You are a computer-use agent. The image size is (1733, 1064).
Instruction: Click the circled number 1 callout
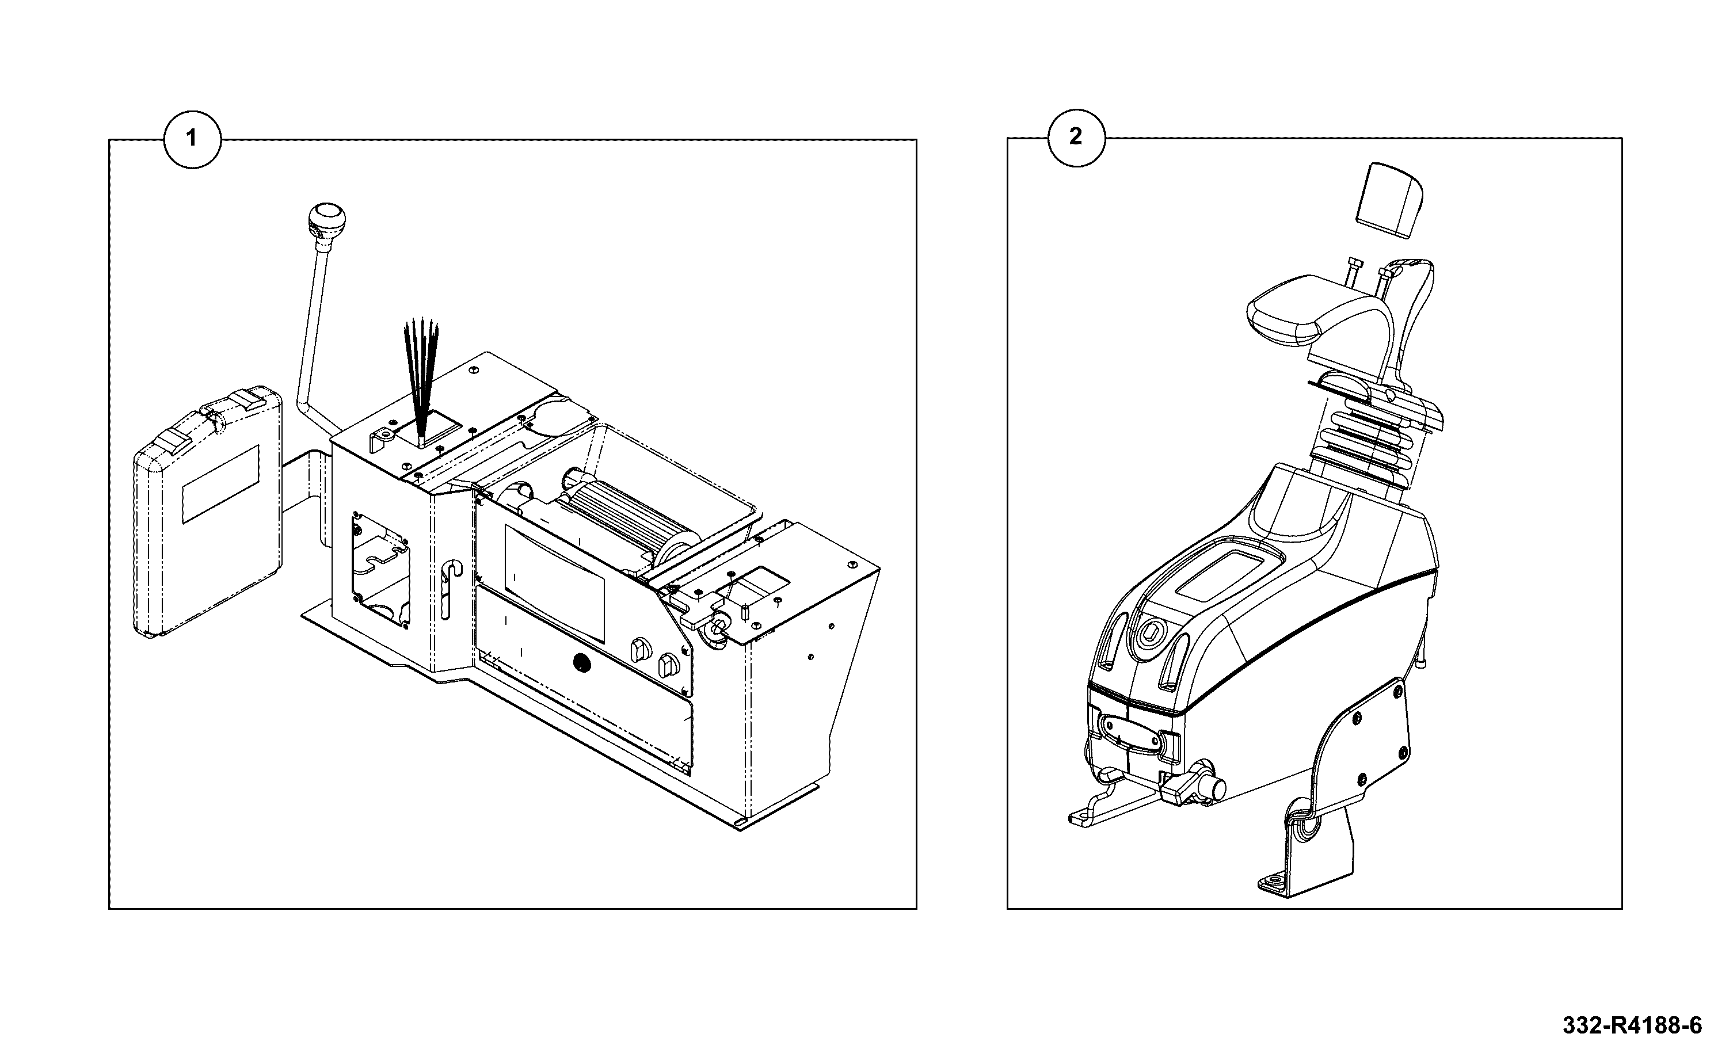click(x=192, y=139)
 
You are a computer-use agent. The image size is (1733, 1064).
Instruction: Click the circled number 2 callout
click(x=1076, y=137)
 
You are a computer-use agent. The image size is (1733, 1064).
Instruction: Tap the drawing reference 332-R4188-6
click(x=1632, y=1025)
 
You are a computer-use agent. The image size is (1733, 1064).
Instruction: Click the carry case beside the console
click(x=208, y=511)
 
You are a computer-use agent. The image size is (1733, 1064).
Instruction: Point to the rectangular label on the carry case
click(x=220, y=484)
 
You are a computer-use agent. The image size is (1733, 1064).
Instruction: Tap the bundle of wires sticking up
click(x=421, y=380)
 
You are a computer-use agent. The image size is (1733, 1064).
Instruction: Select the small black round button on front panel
click(x=581, y=662)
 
